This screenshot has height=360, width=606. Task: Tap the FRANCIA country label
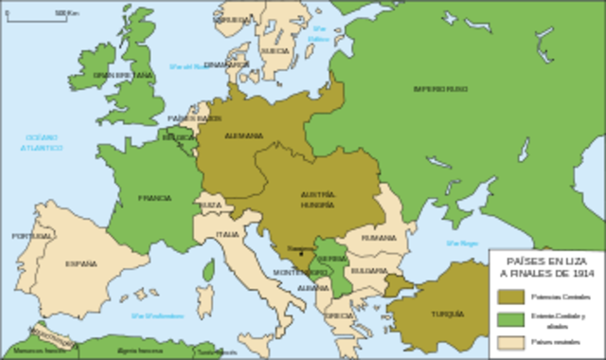point(154,198)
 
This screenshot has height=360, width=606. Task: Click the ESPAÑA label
point(81,264)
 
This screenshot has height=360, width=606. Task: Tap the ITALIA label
point(227,234)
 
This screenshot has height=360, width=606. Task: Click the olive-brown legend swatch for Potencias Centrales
point(508,297)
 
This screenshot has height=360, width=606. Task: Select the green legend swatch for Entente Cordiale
point(508,318)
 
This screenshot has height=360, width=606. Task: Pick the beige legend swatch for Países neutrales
point(508,341)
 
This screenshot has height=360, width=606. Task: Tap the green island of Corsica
point(207,271)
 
